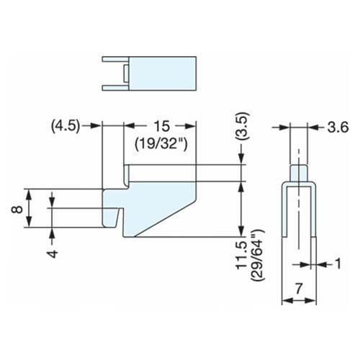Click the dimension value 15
pos(162,127)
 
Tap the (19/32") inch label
pos(161,144)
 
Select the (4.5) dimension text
pos(66,126)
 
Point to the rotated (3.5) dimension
pos(243,127)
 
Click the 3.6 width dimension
pos(338,127)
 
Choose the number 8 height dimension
pos(17,210)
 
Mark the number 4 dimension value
pos(53,253)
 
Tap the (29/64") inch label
pos(257,256)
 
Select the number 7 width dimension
pos(298,289)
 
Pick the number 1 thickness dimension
pos(338,264)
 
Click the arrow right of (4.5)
pos(91,126)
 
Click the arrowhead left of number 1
pos(305,265)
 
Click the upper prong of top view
pos(116,59)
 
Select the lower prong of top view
pos(116,88)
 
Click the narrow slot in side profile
pos(120,218)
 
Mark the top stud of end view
pos(299,174)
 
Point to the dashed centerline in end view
pos(299,200)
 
